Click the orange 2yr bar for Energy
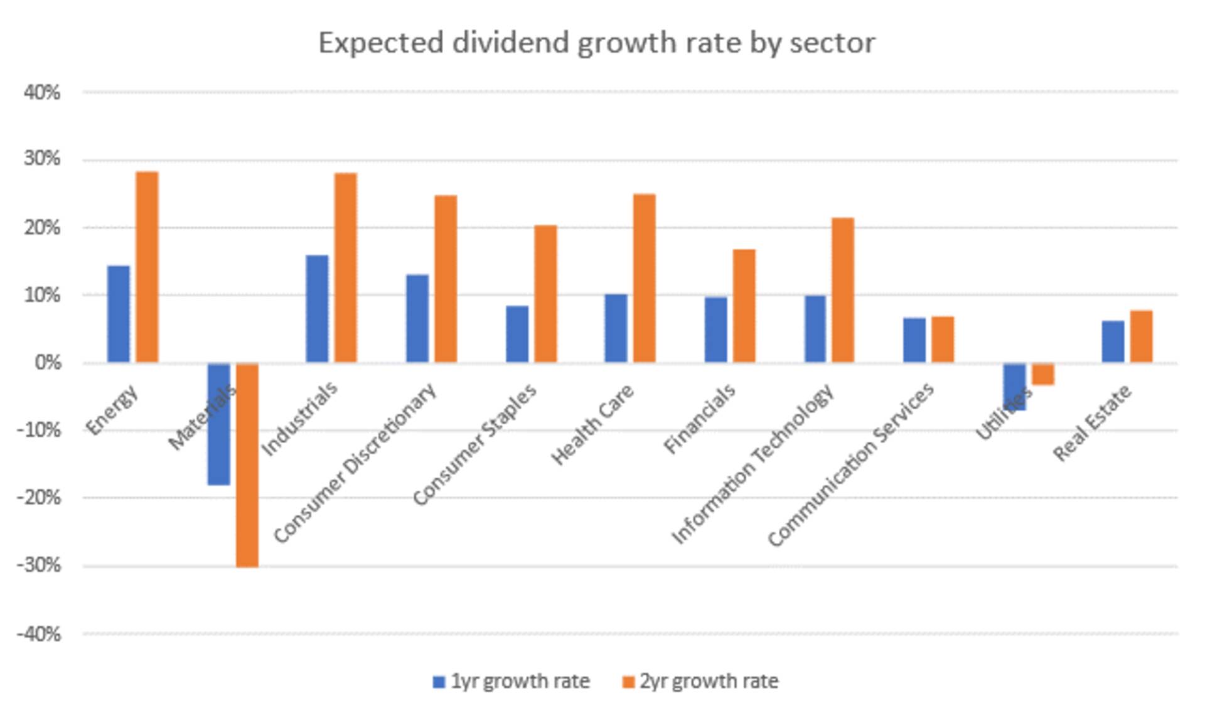pos(147,267)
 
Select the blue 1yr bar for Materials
pos(219,424)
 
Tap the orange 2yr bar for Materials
pos(247,464)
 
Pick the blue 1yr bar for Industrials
pos(317,309)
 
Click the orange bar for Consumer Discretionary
pos(446,279)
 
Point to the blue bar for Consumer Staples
pos(517,334)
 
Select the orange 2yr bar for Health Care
pos(644,278)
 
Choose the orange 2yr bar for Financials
pos(744,306)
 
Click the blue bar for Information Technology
pos(815,329)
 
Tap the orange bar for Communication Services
pos(942,340)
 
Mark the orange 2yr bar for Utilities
pos(1042,374)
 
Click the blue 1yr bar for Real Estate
pos(1113,341)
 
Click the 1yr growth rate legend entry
pos(511,681)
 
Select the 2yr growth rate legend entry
pos(700,681)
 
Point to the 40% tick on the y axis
pos(42,93)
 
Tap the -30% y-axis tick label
pos(39,565)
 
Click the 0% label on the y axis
pos(47,363)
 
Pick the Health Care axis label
pos(592,424)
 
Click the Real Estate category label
pos(1092,422)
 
